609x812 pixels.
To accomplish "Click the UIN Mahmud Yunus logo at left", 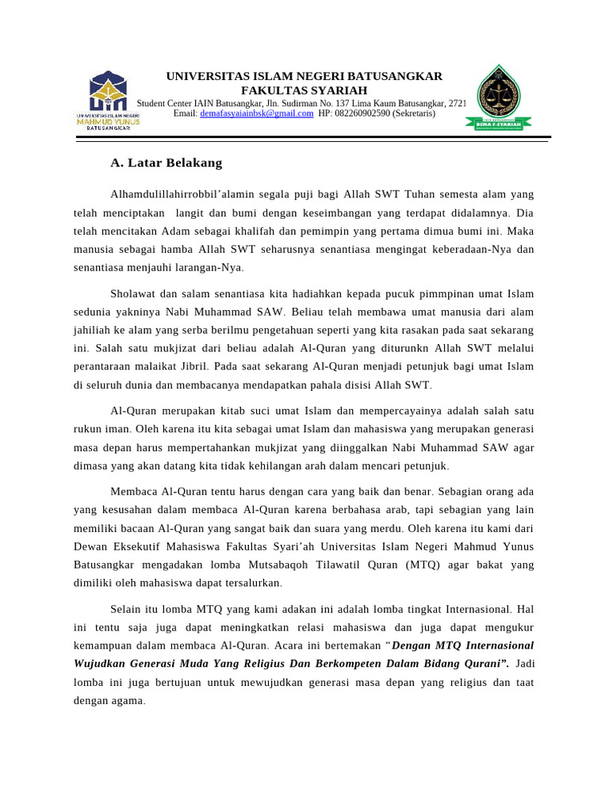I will pyautogui.click(x=108, y=100).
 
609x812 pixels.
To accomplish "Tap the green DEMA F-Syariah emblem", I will pyautogui.click(x=503, y=97).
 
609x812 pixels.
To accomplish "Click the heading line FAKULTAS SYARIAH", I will pyautogui.click(x=304, y=90).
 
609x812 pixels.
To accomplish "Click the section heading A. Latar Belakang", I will pyautogui.click(x=166, y=163).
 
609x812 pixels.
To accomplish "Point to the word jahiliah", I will pyautogui.click(x=95, y=330).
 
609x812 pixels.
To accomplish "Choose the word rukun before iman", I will pyautogui.click(x=90, y=430).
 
